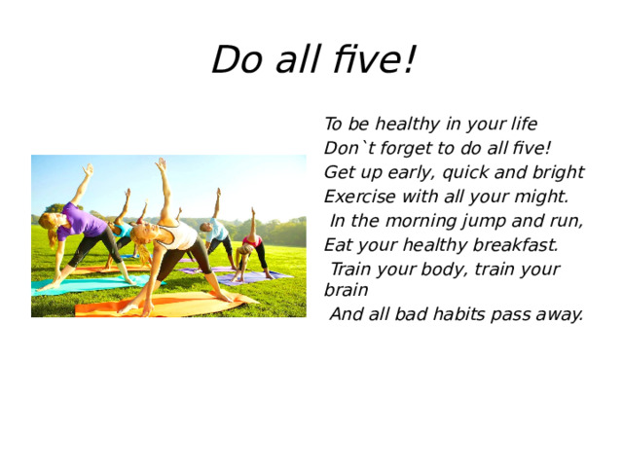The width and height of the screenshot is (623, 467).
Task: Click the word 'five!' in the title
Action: pos(370,60)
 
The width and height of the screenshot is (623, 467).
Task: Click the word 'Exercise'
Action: pos(358,197)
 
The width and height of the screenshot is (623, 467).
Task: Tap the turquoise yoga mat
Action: pos(83,283)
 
